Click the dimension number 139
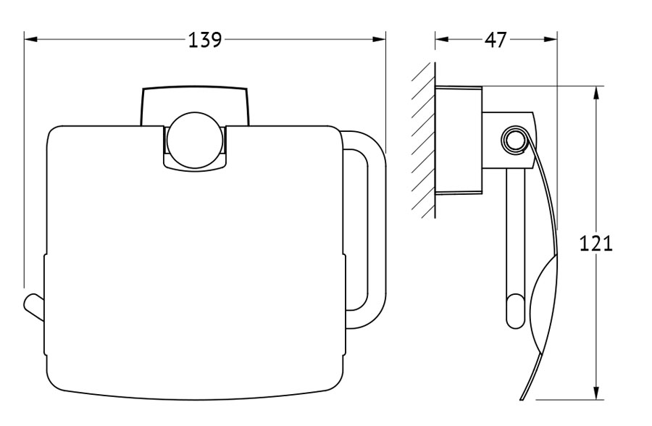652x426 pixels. click(x=205, y=41)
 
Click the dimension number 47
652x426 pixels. click(x=496, y=41)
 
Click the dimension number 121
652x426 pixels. click(x=596, y=243)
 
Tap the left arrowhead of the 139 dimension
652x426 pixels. click(x=31, y=40)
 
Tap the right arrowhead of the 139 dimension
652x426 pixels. click(x=379, y=40)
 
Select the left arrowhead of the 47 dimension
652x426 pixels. click(x=442, y=40)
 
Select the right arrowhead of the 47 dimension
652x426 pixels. click(x=550, y=40)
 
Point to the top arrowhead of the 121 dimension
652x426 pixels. click(x=596, y=93)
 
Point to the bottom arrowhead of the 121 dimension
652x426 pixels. click(x=596, y=393)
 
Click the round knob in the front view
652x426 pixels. click(x=196, y=140)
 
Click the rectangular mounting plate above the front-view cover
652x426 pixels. click(x=196, y=106)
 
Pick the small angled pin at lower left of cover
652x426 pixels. click(x=34, y=308)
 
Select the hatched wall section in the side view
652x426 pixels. click(x=423, y=141)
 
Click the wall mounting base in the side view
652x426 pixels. click(x=459, y=141)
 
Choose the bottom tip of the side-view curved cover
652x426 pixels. click(x=522, y=400)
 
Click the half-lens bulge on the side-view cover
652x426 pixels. click(x=544, y=304)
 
